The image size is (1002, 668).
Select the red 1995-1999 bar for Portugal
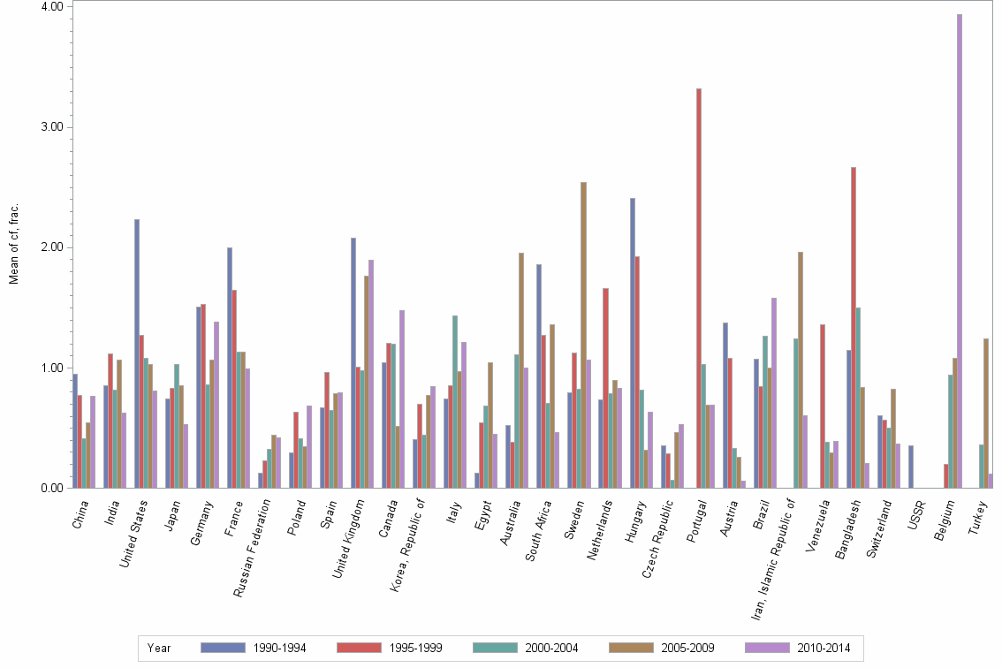coord(698,288)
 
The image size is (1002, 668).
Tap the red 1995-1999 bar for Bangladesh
coord(853,327)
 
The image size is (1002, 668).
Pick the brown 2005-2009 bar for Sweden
coord(583,335)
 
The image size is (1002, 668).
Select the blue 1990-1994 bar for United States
coord(137,353)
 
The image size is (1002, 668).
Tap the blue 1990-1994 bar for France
coord(230,368)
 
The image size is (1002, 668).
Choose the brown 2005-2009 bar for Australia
coord(521,370)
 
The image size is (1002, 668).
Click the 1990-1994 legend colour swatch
coord(222,649)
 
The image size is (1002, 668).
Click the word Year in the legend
coord(159,649)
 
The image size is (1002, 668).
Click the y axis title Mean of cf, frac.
coord(13,244)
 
